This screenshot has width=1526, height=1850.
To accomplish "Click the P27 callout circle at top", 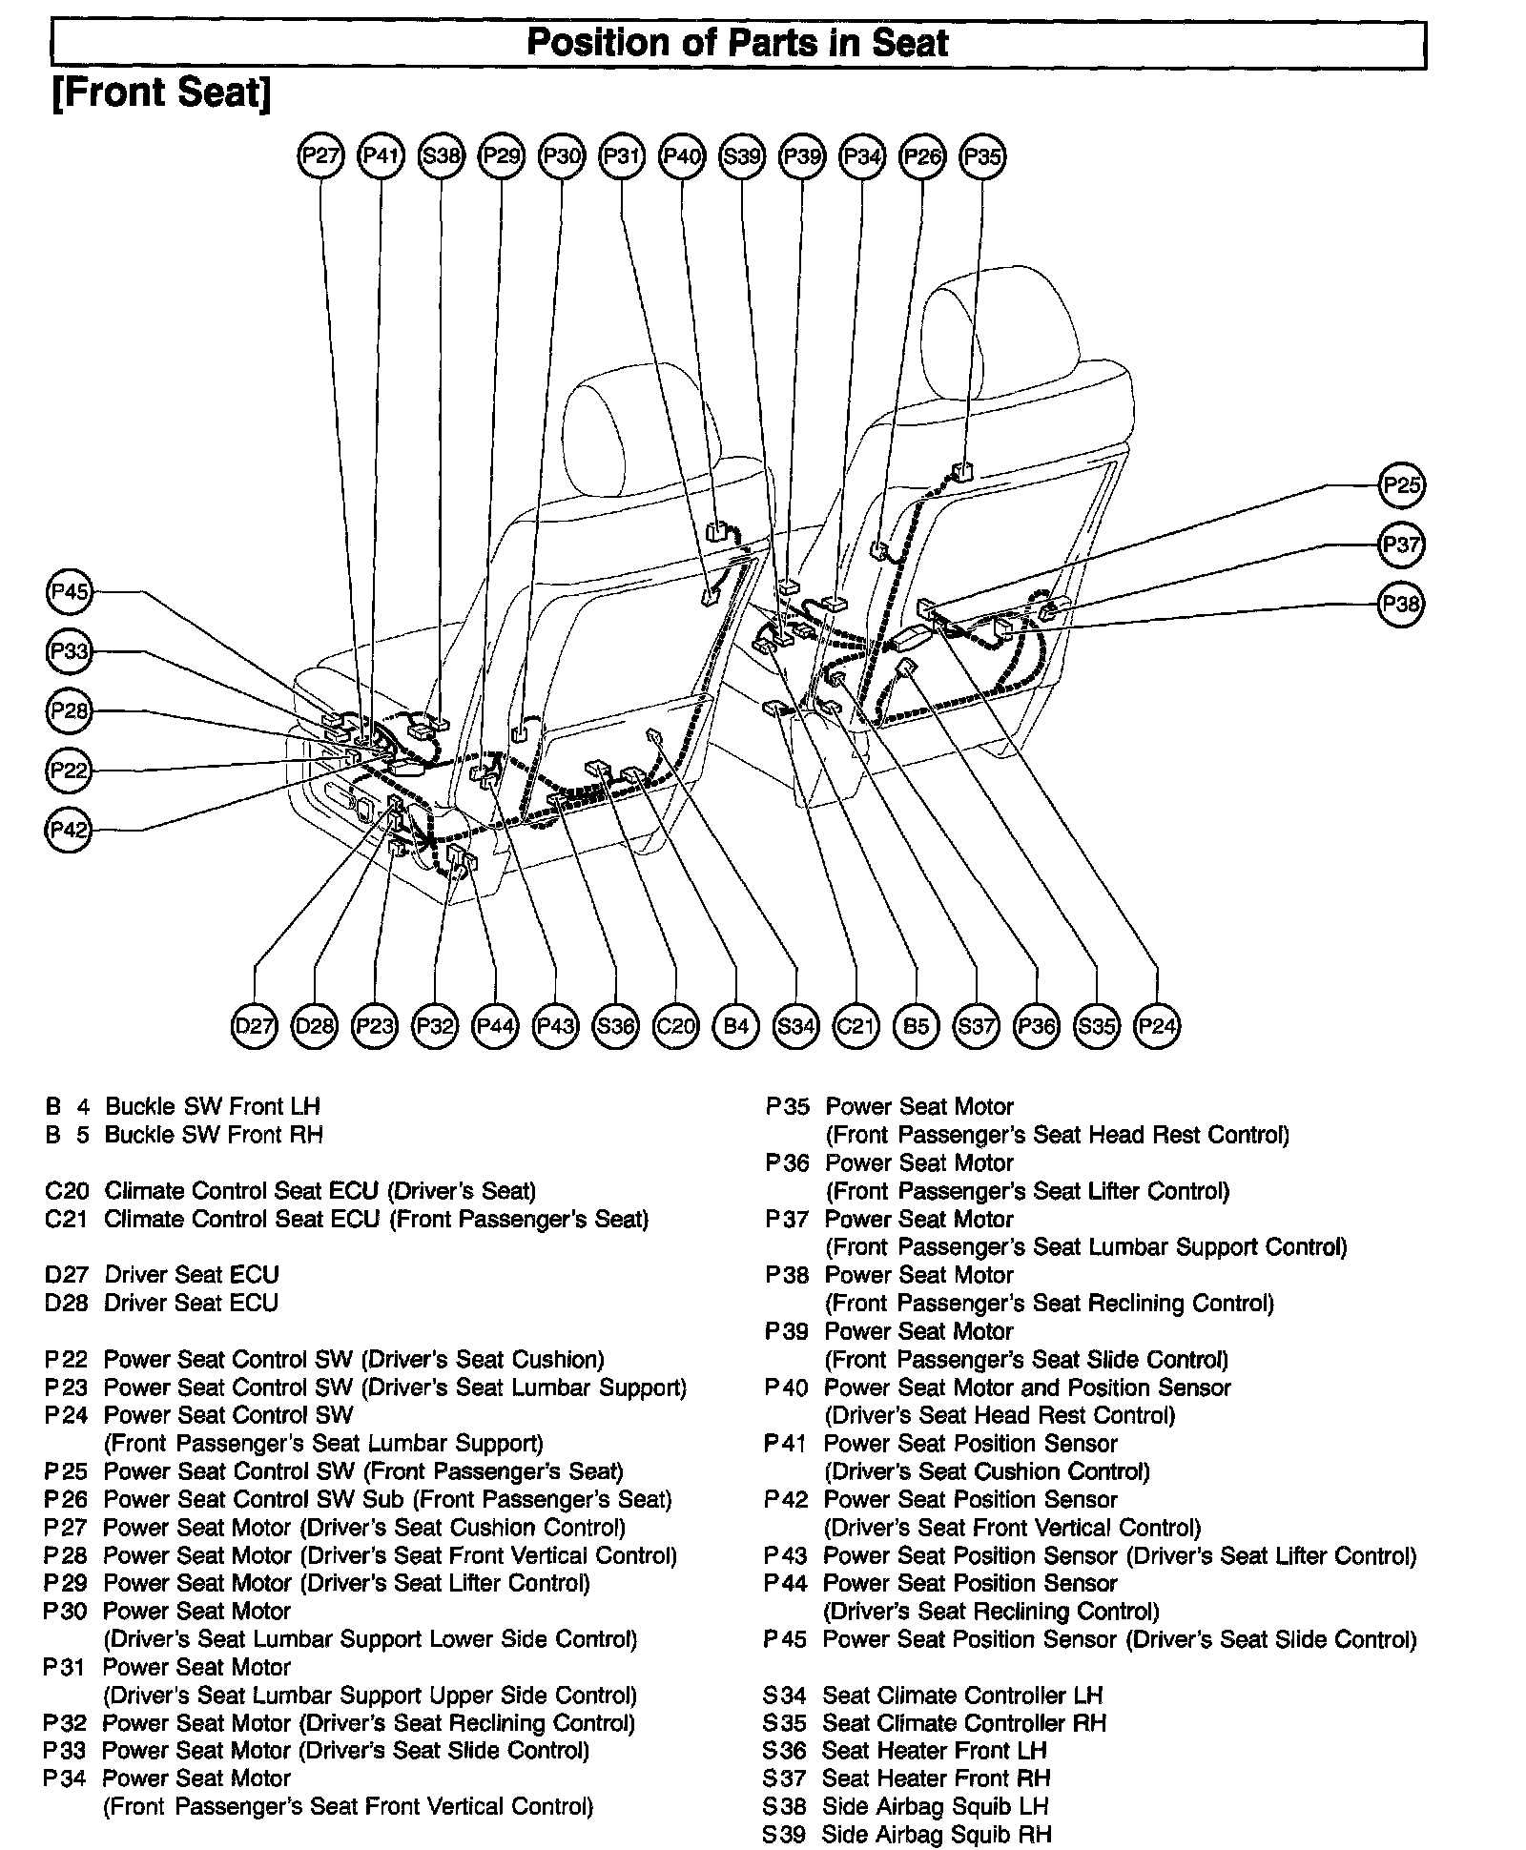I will [320, 155].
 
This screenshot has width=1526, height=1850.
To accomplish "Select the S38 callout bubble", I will [441, 155].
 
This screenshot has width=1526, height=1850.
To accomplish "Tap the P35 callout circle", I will [982, 155].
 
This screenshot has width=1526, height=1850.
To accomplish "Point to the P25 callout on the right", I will [1401, 485].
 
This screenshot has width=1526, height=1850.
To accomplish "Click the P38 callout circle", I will [1401, 604].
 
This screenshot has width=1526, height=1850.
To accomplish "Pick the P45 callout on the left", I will [69, 592].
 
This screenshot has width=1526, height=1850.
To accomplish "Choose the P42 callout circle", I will [69, 830].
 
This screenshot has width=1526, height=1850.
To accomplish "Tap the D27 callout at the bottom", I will [255, 1026].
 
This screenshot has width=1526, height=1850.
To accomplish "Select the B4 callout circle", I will [735, 1026].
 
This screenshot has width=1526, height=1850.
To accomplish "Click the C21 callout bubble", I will [856, 1026].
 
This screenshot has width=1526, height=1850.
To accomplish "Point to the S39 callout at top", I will [742, 155].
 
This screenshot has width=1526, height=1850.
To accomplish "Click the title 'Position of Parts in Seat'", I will [737, 44].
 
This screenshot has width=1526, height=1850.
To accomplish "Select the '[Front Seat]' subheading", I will [161, 93].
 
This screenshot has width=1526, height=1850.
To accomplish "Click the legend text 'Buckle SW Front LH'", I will [212, 1106].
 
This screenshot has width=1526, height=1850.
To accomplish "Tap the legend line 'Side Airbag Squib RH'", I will [936, 1834].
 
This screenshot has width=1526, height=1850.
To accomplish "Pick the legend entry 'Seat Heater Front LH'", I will [934, 1750].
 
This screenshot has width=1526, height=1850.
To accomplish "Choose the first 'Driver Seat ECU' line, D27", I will [191, 1274].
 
